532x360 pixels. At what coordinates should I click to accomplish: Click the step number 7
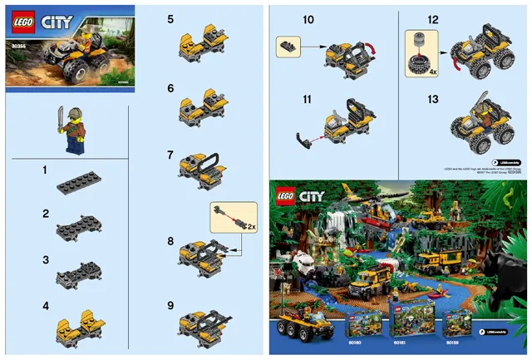pos(170,155)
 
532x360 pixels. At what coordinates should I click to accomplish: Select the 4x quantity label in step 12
pos(431,73)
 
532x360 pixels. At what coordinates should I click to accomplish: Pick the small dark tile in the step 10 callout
pos(288,47)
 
